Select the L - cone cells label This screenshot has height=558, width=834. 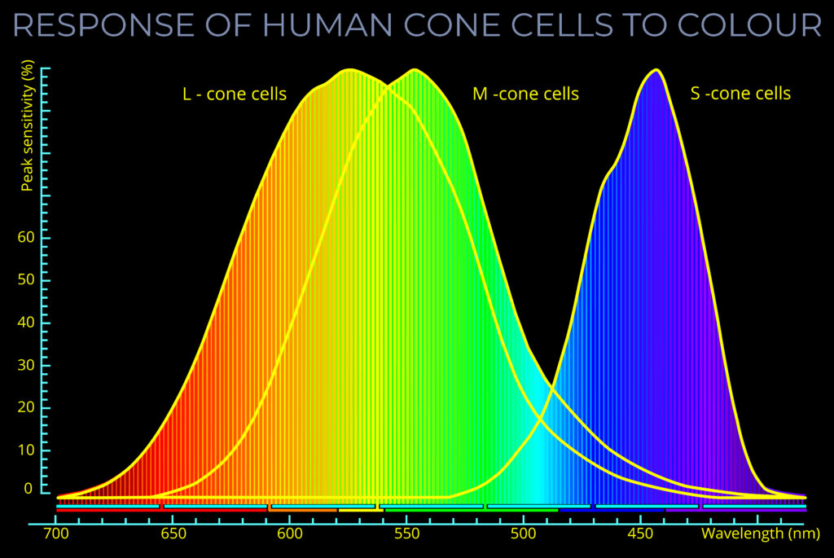pyautogui.click(x=235, y=94)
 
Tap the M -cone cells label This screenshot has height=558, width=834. pyautogui.click(x=525, y=94)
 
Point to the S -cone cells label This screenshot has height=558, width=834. pyautogui.click(x=740, y=93)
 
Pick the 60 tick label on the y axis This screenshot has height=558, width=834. pyautogui.click(x=27, y=238)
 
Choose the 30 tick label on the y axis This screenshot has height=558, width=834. pyautogui.click(x=27, y=365)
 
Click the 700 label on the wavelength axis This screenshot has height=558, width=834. pyautogui.click(x=55, y=534)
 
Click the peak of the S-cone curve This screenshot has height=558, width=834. pyautogui.click(x=654, y=70)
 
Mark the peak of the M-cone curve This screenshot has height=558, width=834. pyautogui.click(x=415, y=70)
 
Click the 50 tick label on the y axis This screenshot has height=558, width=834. pyautogui.click(x=27, y=280)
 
